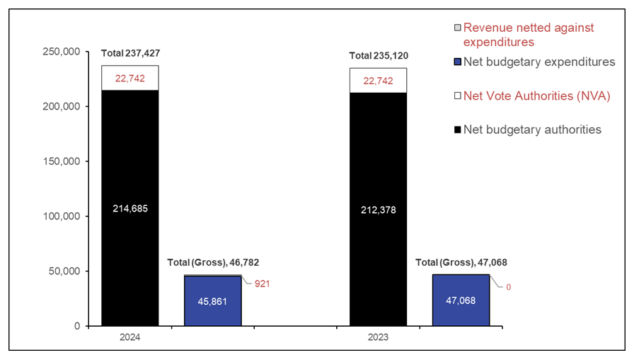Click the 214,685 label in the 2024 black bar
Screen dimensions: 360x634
(x=129, y=209)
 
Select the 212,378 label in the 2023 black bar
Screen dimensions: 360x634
(x=378, y=209)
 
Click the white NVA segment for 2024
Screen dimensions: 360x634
(x=129, y=78)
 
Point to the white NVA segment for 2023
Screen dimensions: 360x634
(x=378, y=80)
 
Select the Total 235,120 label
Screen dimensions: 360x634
(x=379, y=56)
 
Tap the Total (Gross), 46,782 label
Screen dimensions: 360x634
(x=208, y=262)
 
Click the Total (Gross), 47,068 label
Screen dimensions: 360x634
(x=461, y=262)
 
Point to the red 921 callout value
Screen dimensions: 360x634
(x=262, y=284)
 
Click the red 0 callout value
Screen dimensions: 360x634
(x=507, y=286)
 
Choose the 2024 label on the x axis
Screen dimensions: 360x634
(x=129, y=338)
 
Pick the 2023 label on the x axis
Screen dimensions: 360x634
(x=378, y=338)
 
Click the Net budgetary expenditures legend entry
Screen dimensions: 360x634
(x=538, y=62)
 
